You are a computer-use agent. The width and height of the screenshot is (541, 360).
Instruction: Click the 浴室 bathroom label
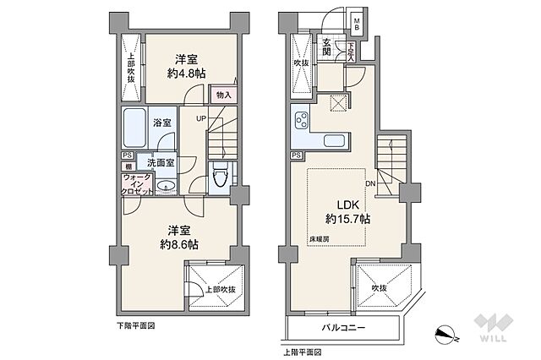click(x=163, y=123)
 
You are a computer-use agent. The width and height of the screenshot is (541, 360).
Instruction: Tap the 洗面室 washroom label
click(x=161, y=162)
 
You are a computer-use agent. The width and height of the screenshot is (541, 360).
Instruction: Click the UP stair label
click(x=201, y=118)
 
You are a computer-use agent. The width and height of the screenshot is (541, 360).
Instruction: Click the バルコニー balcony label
click(x=343, y=325)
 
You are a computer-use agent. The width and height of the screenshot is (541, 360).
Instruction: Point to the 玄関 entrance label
click(x=327, y=46)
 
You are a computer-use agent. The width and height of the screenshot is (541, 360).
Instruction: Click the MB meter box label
click(x=357, y=25)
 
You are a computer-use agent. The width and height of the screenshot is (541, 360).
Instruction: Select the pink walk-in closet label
click(x=138, y=184)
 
